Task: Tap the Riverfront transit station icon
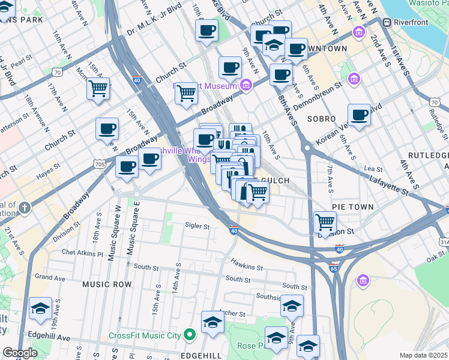(x=387, y=22)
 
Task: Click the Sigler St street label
(x=197, y=226)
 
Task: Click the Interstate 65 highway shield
(x=335, y=263)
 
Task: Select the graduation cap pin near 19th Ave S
(x=40, y=308)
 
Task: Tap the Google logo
(x=20, y=353)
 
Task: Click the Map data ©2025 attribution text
(x=423, y=355)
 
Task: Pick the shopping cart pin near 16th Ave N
(x=98, y=89)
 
